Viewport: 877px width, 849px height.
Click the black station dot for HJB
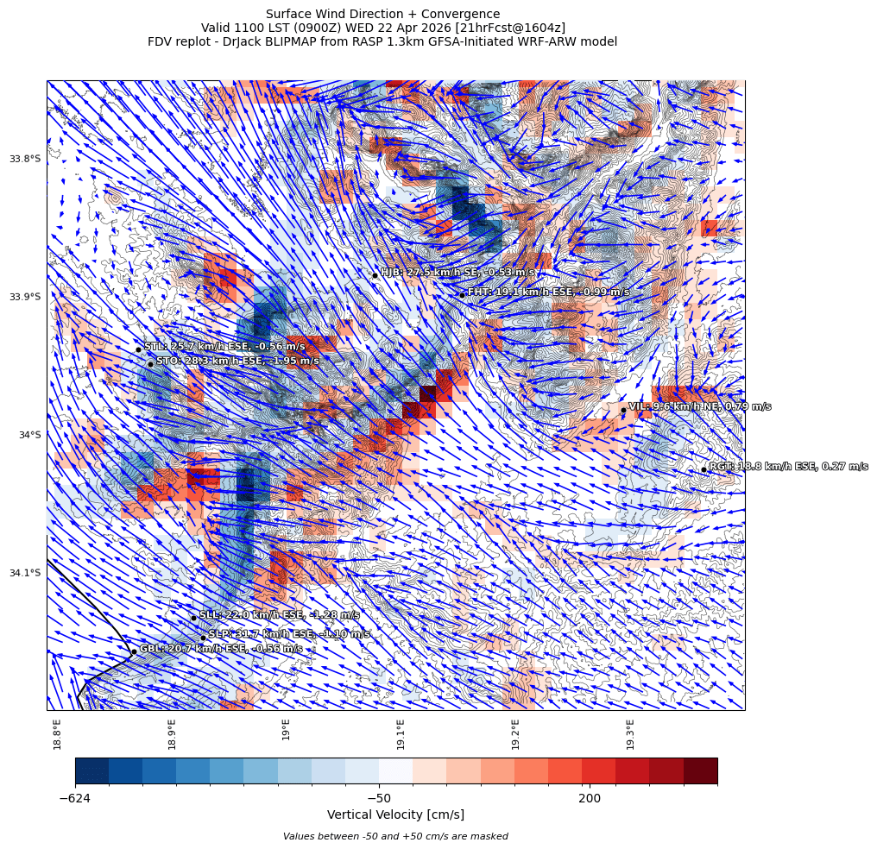(375, 275)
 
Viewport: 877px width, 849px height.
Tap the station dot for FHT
(462, 295)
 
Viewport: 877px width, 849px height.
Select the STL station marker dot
(138, 349)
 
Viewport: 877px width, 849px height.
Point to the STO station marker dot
(150, 364)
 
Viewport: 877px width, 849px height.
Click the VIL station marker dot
(622, 410)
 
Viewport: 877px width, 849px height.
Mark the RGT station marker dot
(703, 469)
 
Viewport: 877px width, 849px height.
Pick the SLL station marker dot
(193, 618)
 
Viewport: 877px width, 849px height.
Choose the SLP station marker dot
(203, 638)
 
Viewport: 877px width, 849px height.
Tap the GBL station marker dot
(134, 651)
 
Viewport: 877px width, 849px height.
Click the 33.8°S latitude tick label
(25, 159)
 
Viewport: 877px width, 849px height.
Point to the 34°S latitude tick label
(29, 435)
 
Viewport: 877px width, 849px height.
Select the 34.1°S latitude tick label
(25, 573)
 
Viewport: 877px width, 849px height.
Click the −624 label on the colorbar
(75, 798)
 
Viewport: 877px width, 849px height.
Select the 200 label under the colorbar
(590, 798)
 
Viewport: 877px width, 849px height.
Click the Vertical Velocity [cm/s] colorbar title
(395, 814)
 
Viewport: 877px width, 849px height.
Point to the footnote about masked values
(395, 836)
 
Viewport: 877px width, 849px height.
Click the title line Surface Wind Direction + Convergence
(382, 14)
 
